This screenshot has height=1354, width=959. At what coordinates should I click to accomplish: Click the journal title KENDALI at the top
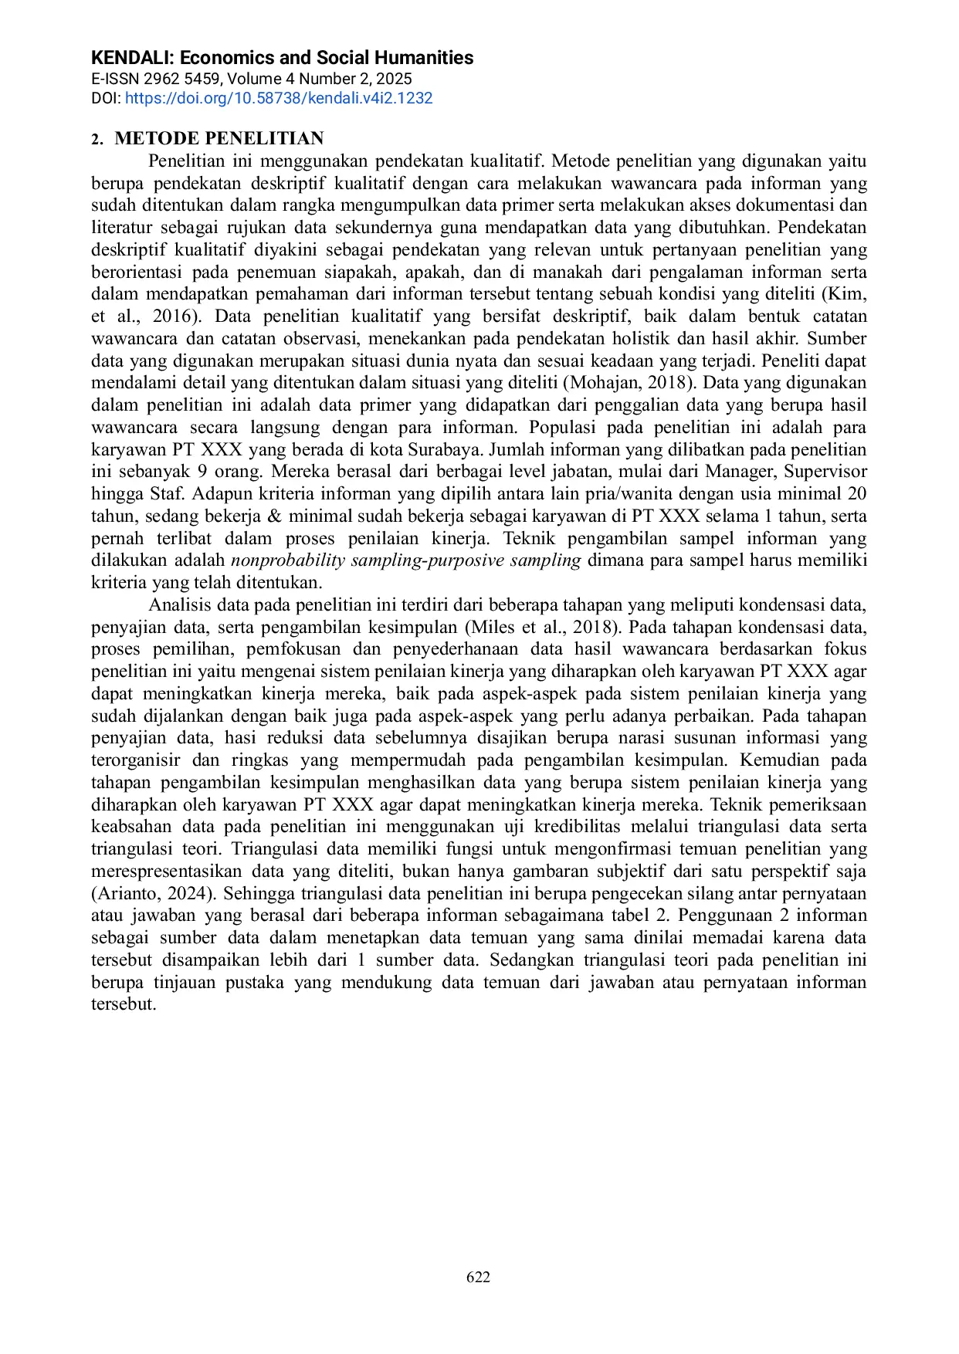click(133, 58)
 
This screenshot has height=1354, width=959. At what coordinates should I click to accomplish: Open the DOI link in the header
click(278, 98)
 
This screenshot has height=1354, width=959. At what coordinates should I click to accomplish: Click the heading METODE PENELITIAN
click(219, 138)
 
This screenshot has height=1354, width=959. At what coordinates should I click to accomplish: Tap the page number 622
click(478, 1277)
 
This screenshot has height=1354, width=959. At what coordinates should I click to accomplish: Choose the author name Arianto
click(127, 894)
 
